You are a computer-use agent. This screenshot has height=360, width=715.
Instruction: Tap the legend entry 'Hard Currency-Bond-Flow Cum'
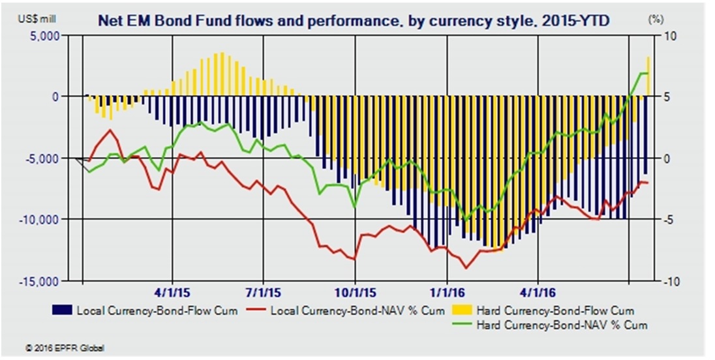tap(555, 310)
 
